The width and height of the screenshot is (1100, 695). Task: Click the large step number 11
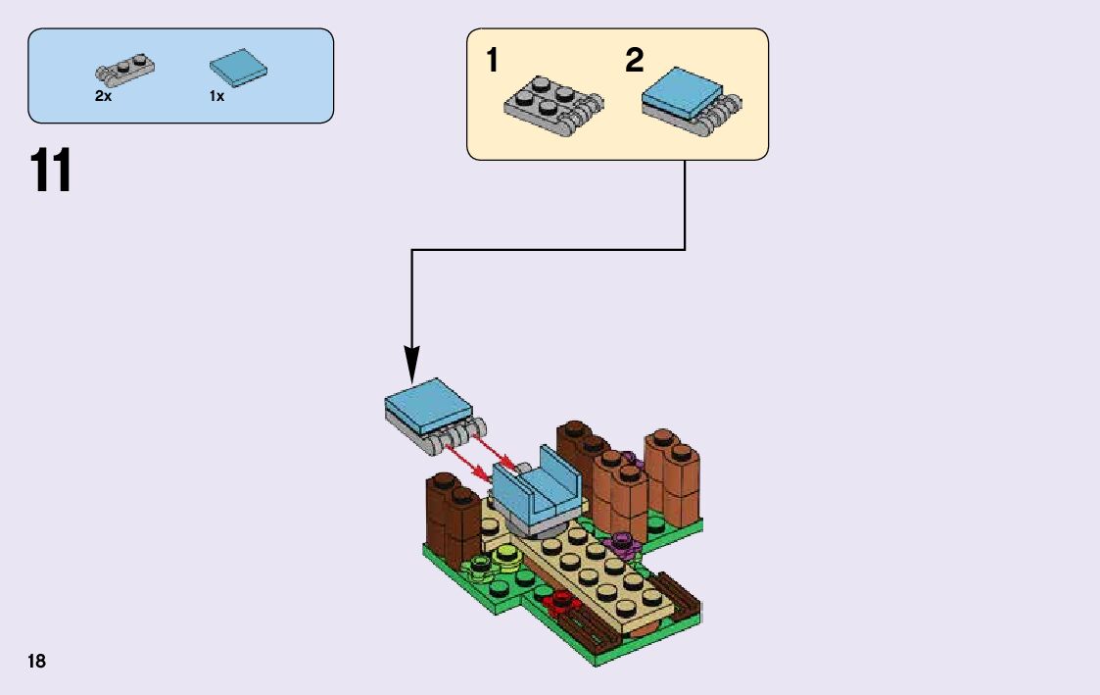[51, 172]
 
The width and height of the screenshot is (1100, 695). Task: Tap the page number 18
[36, 661]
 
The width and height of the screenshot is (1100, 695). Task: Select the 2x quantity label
[103, 97]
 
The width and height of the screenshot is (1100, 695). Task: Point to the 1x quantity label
[216, 97]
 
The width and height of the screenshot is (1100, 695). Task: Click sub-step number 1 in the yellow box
[492, 61]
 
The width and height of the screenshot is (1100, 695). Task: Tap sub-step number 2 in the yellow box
[634, 61]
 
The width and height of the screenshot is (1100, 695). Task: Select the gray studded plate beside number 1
[552, 102]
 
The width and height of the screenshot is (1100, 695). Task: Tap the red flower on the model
[560, 600]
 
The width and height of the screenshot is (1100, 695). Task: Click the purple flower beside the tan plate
[620, 540]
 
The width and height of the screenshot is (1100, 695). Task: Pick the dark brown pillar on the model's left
[449, 515]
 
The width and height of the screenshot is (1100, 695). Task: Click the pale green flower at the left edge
[481, 565]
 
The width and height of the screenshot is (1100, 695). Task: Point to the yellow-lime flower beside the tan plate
[505, 556]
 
